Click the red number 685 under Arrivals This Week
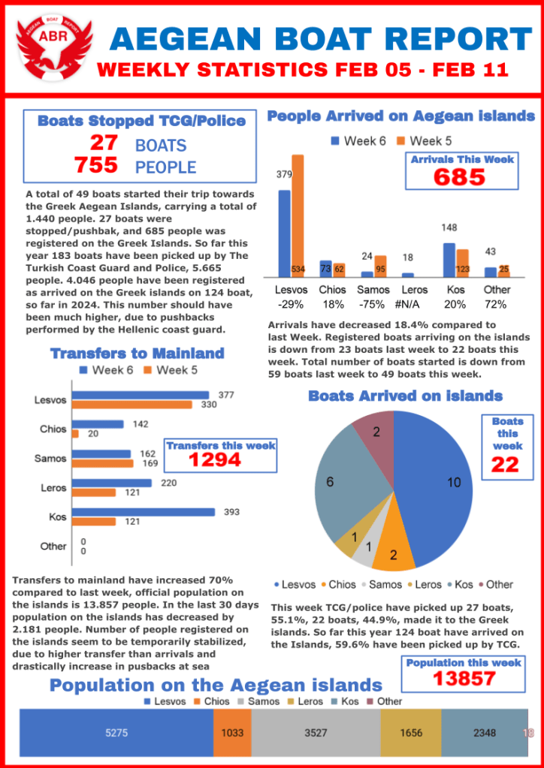(x=459, y=177)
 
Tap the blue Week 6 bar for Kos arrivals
(x=449, y=260)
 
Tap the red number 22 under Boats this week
(x=505, y=465)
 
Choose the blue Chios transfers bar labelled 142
(x=98, y=424)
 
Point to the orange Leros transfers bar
(x=93, y=492)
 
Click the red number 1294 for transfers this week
(x=215, y=459)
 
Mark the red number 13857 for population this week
(x=464, y=678)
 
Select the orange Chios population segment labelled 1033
(x=232, y=733)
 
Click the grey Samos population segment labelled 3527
(x=316, y=733)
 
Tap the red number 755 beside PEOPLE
(x=97, y=165)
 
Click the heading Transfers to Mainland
(x=137, y=353)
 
